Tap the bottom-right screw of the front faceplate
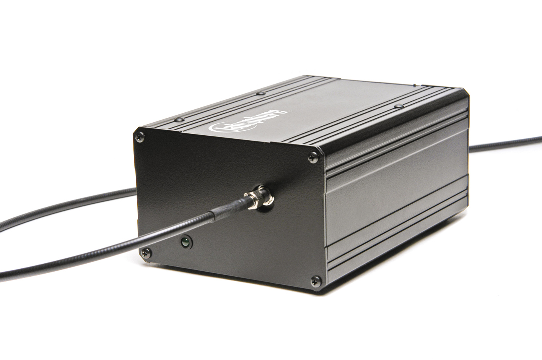[x=315, y=281]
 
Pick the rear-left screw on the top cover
[x=260, y=92]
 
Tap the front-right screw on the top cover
[x=398, y=105]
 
